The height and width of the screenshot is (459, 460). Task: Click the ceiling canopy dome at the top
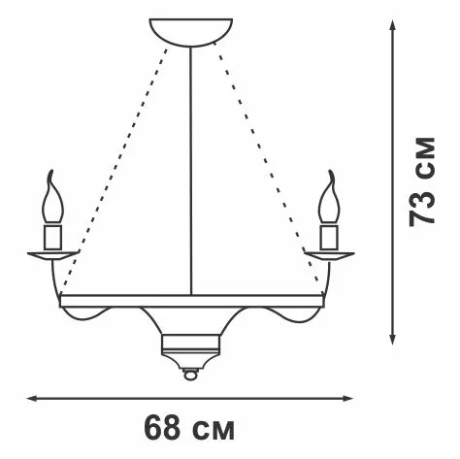(x=191, y=32)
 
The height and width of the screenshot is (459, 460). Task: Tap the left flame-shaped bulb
(x=52, y=198)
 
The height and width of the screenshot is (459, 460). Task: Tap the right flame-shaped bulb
(x=330, y=198)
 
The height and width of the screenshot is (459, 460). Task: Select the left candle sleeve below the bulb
(x=53, y=237)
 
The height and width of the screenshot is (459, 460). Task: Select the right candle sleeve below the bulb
(x=329, y=237)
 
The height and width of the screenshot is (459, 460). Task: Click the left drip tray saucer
(x=52, y=255)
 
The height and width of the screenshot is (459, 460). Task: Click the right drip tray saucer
(x=329, y=255)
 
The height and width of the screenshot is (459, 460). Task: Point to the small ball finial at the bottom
(x=190, y=375)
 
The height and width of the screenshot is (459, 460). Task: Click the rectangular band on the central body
(x=190, y=344)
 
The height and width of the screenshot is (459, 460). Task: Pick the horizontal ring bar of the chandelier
(x=191, y=301)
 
